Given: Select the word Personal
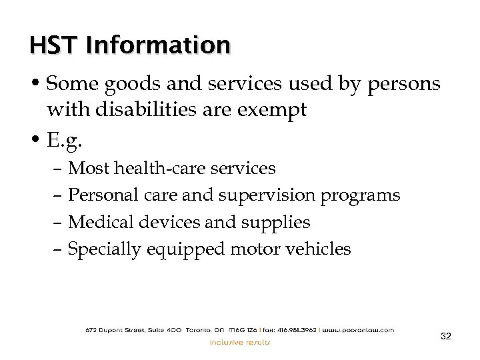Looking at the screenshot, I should pyautogui.click(x=104, y=195).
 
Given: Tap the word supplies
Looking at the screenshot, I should pyautogui.click(x=277, y=222).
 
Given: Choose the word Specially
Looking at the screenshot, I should pyautogui.click(x=105, y=249).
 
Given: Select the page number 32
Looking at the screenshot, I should pyautogui.click(x=446, y=336).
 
